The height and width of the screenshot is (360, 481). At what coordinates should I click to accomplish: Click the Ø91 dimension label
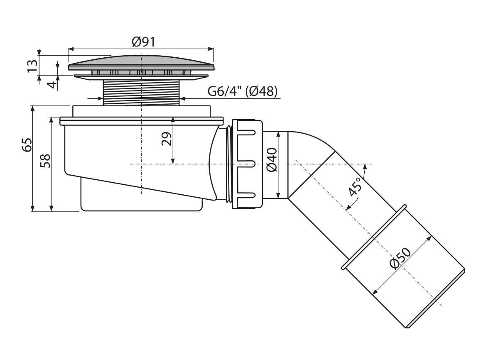pos(144,42)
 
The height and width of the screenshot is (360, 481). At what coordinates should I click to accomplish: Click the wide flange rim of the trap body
pos(141,120)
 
